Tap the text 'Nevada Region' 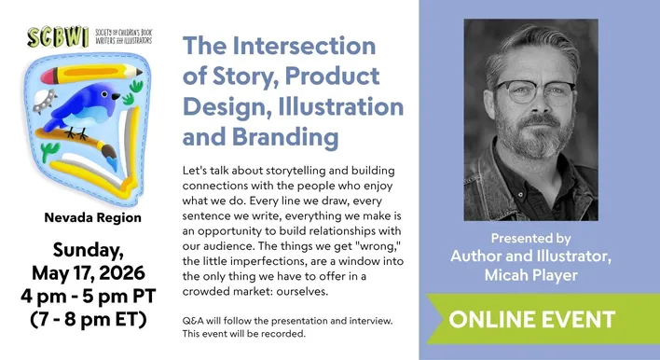93,217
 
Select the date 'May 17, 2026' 91,272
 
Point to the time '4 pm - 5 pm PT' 91,297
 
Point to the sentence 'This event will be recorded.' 244,333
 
